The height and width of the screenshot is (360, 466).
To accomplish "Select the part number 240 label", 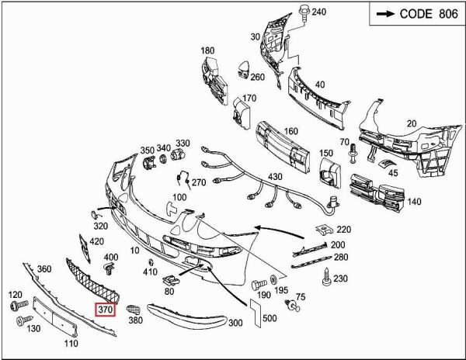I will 318,12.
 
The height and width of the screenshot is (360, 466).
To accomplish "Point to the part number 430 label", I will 276,178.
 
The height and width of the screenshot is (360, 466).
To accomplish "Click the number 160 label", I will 291,131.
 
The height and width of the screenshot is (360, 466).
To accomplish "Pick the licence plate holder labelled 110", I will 71,319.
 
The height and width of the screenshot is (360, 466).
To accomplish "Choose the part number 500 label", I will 270,319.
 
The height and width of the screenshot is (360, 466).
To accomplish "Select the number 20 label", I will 412,123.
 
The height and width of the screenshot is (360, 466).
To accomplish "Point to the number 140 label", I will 414,202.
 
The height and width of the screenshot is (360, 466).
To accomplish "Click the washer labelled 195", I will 276,280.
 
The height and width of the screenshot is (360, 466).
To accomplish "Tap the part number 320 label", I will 100,227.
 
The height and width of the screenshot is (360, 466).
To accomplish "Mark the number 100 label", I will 179,198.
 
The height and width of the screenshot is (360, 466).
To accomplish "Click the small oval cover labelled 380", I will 133,308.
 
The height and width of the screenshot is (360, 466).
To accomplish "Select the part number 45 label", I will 393,174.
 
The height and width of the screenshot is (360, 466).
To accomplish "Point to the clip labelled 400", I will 109,268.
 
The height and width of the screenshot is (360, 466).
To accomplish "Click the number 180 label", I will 207,51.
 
